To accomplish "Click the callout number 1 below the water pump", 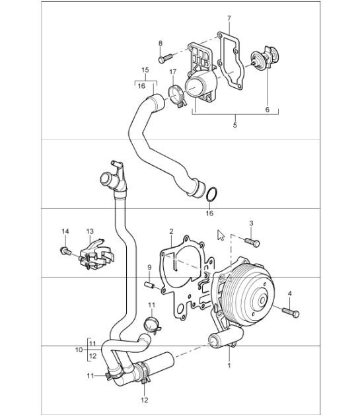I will (x=229, y=364).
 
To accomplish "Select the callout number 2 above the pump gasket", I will (x=170, y=231).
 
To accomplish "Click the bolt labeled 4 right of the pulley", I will (x=290, y=309).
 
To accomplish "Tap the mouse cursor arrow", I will (x=221, y=235).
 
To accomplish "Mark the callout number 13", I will (x=90, y=231).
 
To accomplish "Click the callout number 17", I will (x=172, y=71).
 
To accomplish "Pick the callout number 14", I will (x=65, y=231).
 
